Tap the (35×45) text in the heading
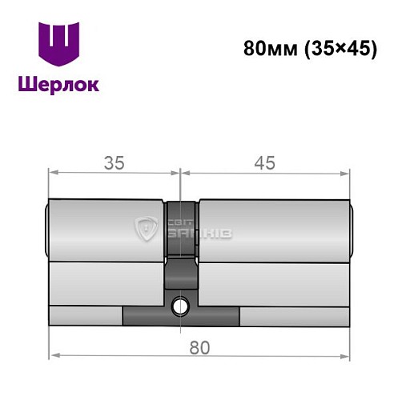(x=338, y=49)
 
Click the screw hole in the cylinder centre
(x=182, y=305)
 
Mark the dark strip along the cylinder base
(x=181, y=317)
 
